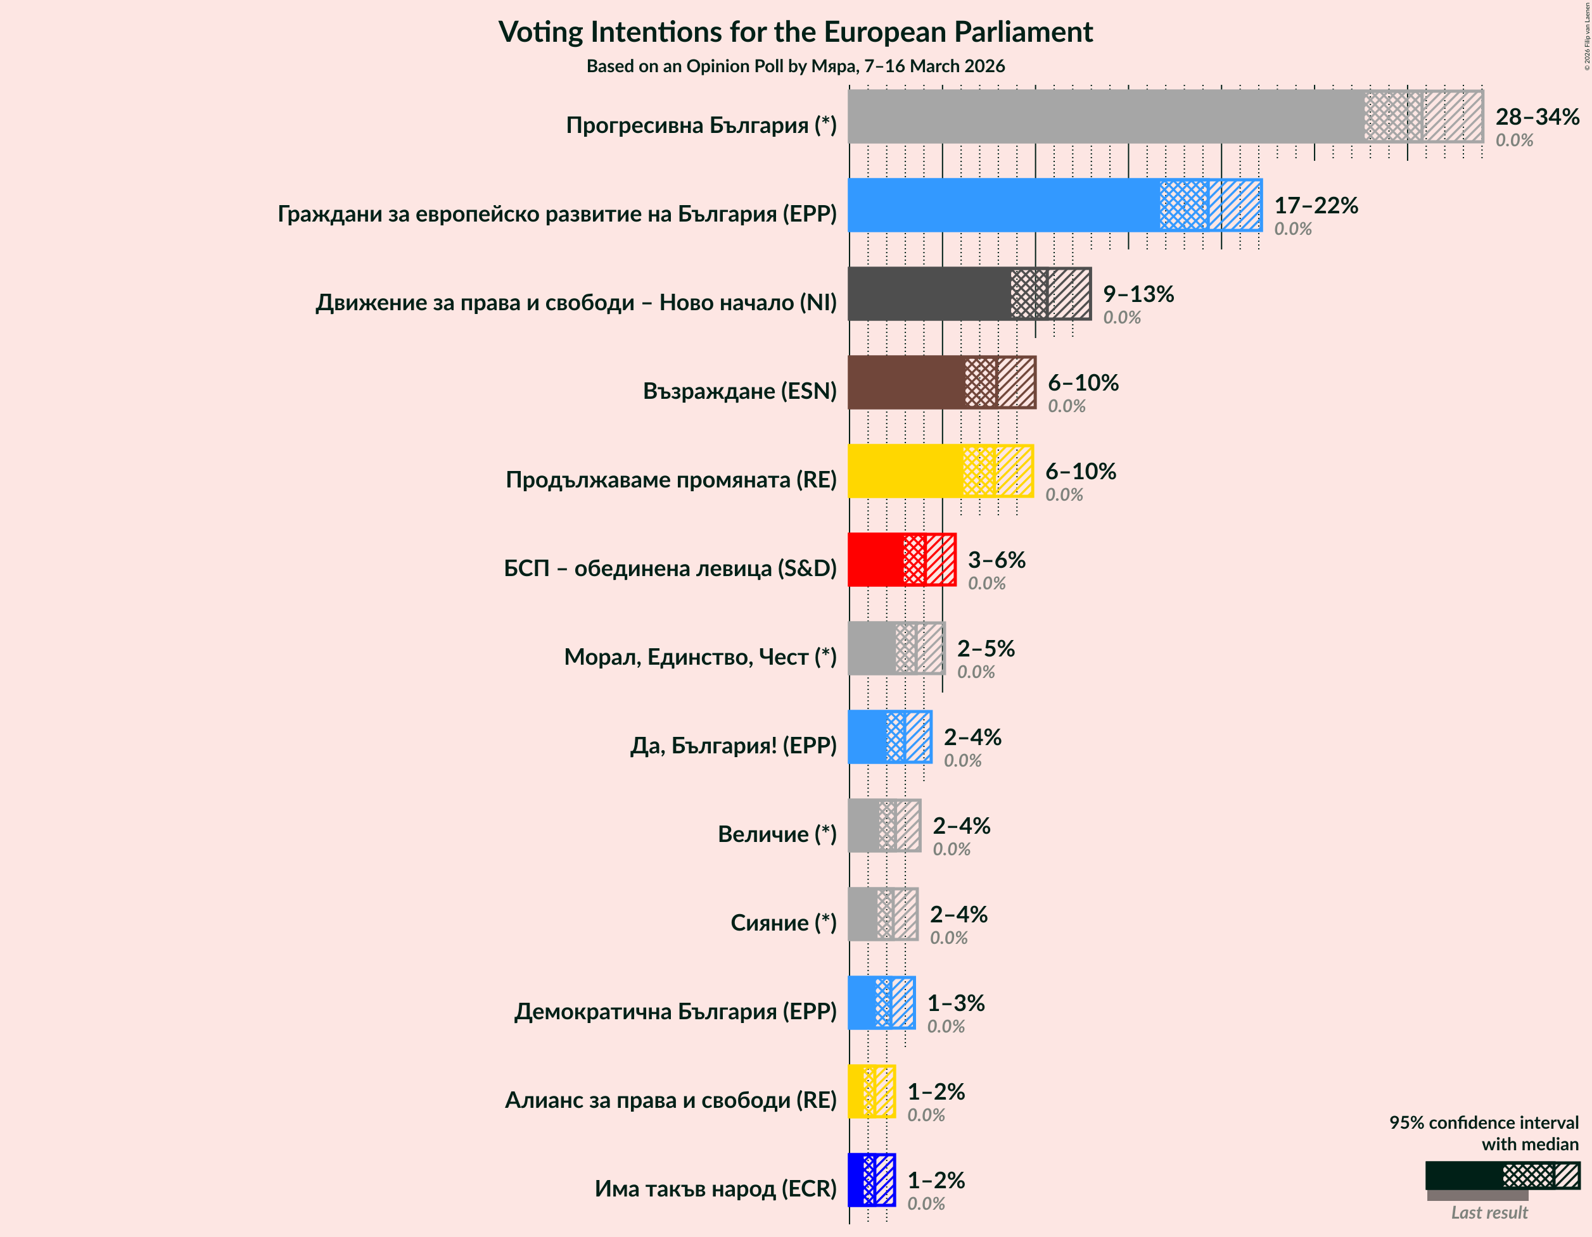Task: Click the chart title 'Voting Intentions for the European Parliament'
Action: pos(795,32)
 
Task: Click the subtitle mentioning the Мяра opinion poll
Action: pos(795,66)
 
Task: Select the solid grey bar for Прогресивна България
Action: pos(1104,116)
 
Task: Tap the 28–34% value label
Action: pos(1537,116)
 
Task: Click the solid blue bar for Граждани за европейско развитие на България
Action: pos(1003,206)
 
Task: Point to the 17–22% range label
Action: pos(1316,206)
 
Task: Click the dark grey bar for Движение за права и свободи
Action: pos(929,294)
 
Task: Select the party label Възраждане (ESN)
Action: pos(739,391)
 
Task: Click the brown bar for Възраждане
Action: pos(906,382)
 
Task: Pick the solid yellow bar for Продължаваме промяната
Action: pos(905,472)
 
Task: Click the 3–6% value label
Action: pos(996,560)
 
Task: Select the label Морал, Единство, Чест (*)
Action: pos(700,657)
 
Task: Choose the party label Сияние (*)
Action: pos(783,923)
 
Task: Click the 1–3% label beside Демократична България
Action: pos(955,1003)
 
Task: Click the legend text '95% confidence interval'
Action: pos(1484,1122)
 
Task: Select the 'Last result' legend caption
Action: pos(1489,1213)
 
